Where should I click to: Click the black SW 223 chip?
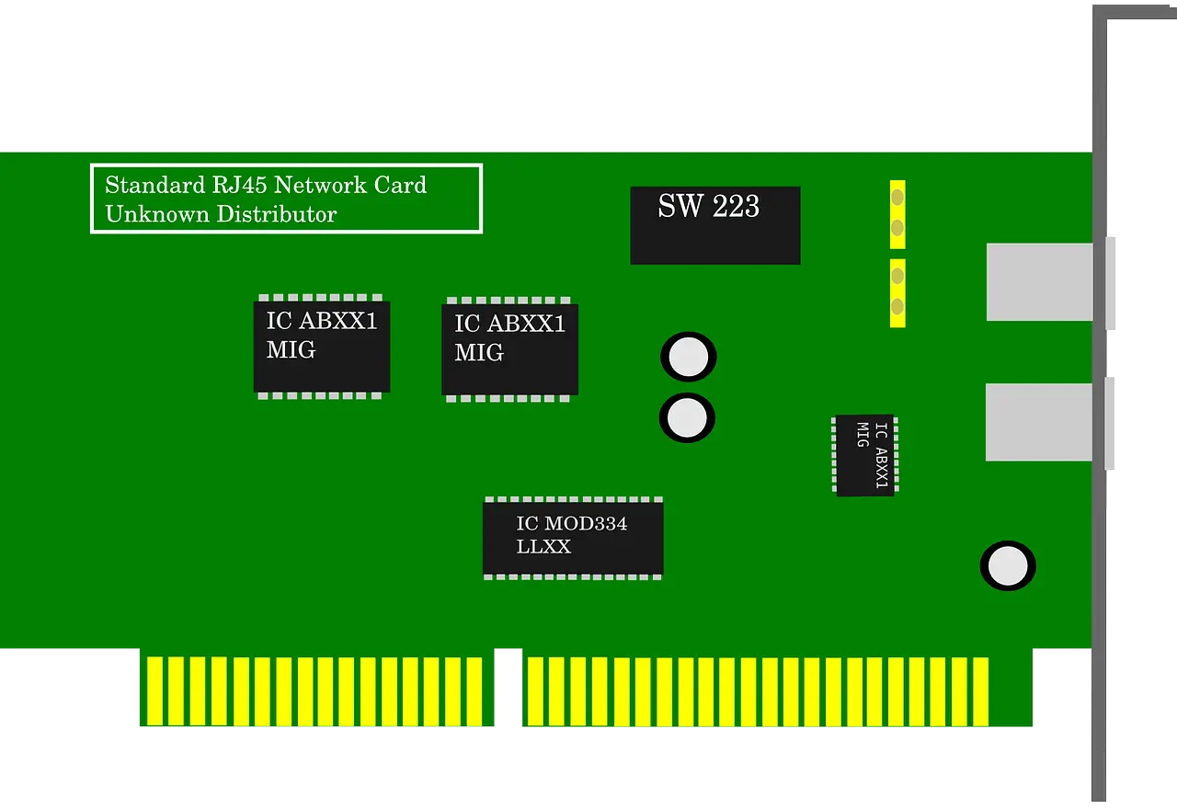(714, 226)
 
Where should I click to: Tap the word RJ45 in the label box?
(239, 186)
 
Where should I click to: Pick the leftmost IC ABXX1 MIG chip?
(322, 347)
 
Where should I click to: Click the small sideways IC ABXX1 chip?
(864, 455)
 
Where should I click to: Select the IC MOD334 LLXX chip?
(573, 538)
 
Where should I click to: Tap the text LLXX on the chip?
(543, 547)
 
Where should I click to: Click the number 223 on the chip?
(735, 206)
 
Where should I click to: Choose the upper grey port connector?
(1039, 282)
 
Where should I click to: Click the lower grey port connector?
(1039, 422)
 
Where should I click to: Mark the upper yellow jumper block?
(897, 213)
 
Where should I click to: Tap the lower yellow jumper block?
(897, 292)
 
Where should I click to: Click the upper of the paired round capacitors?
(688, 357)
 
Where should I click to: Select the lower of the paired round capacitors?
(687, 418)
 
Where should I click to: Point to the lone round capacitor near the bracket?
(1008, 565)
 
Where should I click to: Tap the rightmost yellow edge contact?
(980, 691)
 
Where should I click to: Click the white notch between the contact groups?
(509, 689)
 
